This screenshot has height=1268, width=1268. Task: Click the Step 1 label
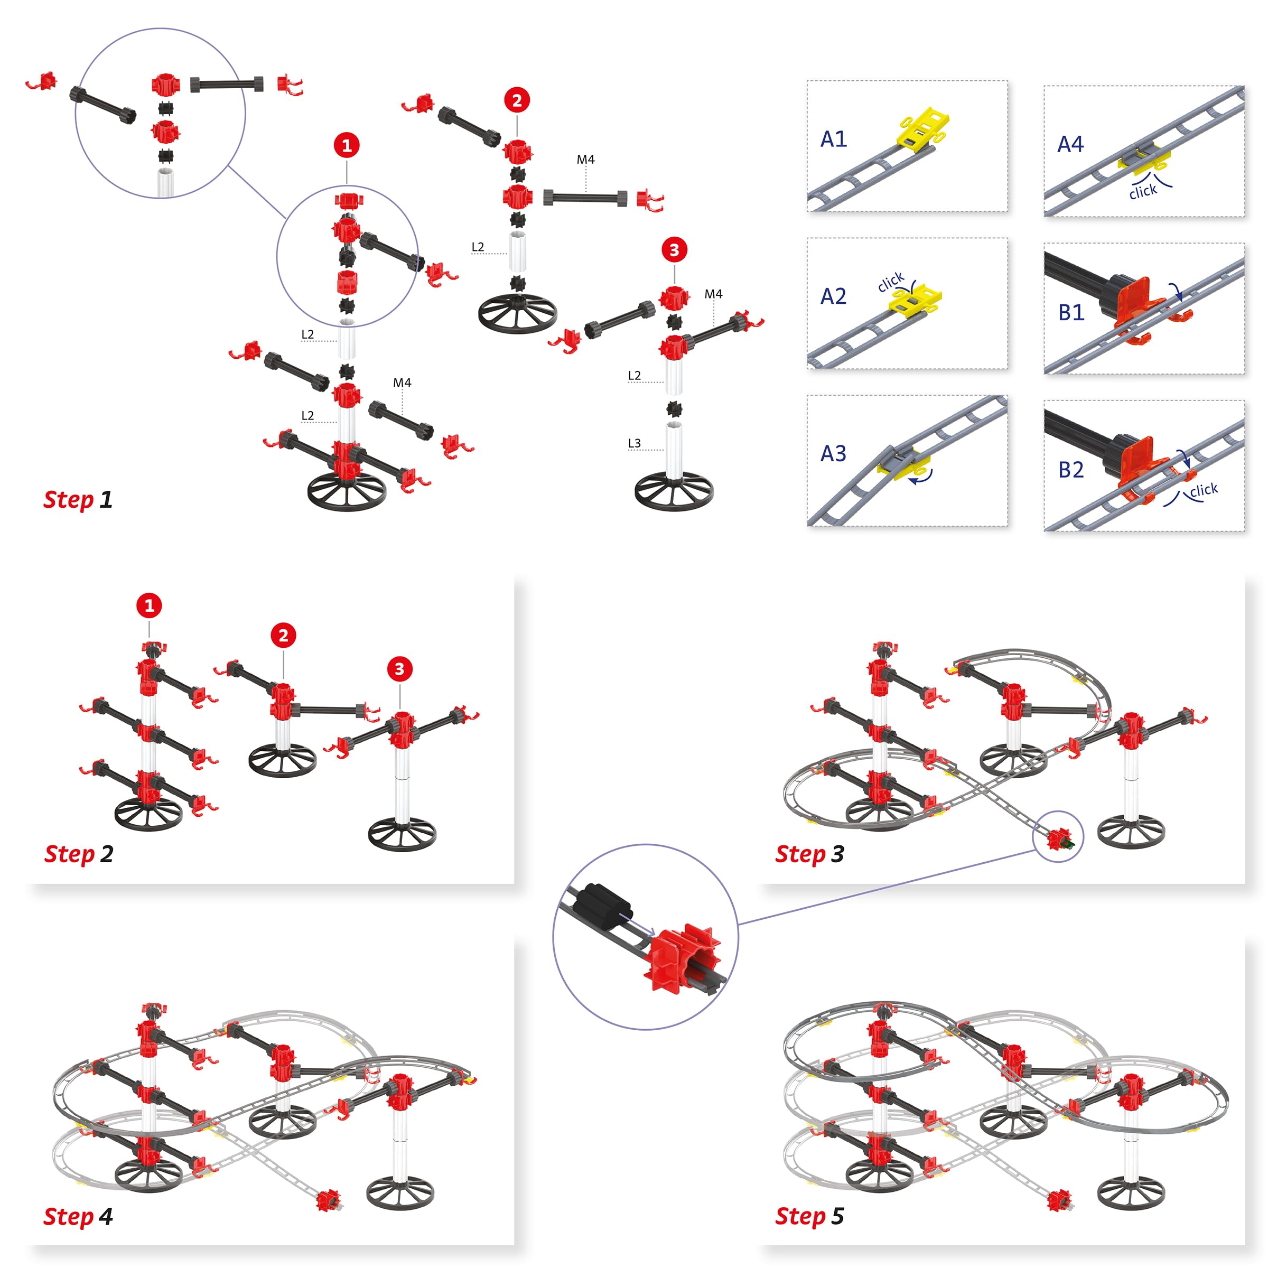[x=78, y=500]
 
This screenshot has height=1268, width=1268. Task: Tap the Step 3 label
[x=809, y=854]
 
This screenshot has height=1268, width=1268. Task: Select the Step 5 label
[x=809, y=1216]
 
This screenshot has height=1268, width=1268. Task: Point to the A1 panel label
[x=834, y=139]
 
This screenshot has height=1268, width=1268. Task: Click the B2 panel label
[x=1071, y=470]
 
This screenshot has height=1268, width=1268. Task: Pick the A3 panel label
[x=834, y=453]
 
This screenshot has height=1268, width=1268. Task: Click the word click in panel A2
[x=891, y=282]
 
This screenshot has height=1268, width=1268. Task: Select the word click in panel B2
[x=1204, y=490]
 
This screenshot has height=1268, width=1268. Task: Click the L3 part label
[x=634, y=444]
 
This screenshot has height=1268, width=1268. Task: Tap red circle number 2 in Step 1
[x=517, y=100]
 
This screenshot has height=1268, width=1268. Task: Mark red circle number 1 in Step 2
[x=149, y=605]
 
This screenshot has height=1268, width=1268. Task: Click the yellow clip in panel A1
[x=924, y=128]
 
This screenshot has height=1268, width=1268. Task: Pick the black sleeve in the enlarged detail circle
[x=602, y=904]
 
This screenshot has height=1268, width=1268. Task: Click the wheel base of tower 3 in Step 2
[x=402, y=834]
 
